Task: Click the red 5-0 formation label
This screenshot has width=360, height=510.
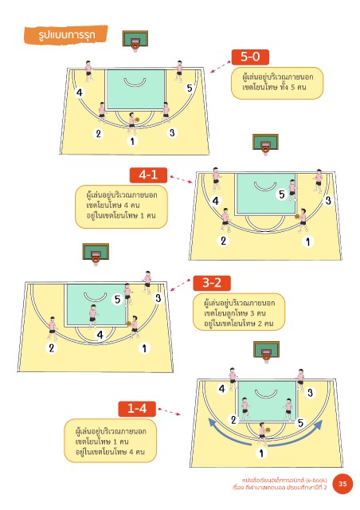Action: click(250, 57)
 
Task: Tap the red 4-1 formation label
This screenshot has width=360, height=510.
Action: click(148, 175)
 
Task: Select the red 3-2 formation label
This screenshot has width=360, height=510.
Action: click(212, 283)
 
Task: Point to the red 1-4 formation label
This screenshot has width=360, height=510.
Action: click(137, 409)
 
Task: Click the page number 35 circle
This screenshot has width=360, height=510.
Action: click(342, 484)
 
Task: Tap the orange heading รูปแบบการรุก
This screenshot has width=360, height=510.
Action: click(66, 34)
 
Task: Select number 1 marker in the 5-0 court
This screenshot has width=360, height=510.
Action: click(132, 141)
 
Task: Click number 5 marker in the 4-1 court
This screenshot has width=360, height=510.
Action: click(282, 194)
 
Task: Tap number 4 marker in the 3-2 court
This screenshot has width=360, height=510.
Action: click(100, 335)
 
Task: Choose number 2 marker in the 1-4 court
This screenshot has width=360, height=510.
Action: click(233, 420)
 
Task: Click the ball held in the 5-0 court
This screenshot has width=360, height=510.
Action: click(137, 120)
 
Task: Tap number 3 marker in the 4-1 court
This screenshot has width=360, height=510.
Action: click(328, 200)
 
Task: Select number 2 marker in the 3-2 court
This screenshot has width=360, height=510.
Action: click(52, 348)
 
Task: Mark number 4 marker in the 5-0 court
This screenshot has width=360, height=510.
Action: click(80, 92)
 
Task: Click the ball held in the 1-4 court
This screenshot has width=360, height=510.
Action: click(268, 430)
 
